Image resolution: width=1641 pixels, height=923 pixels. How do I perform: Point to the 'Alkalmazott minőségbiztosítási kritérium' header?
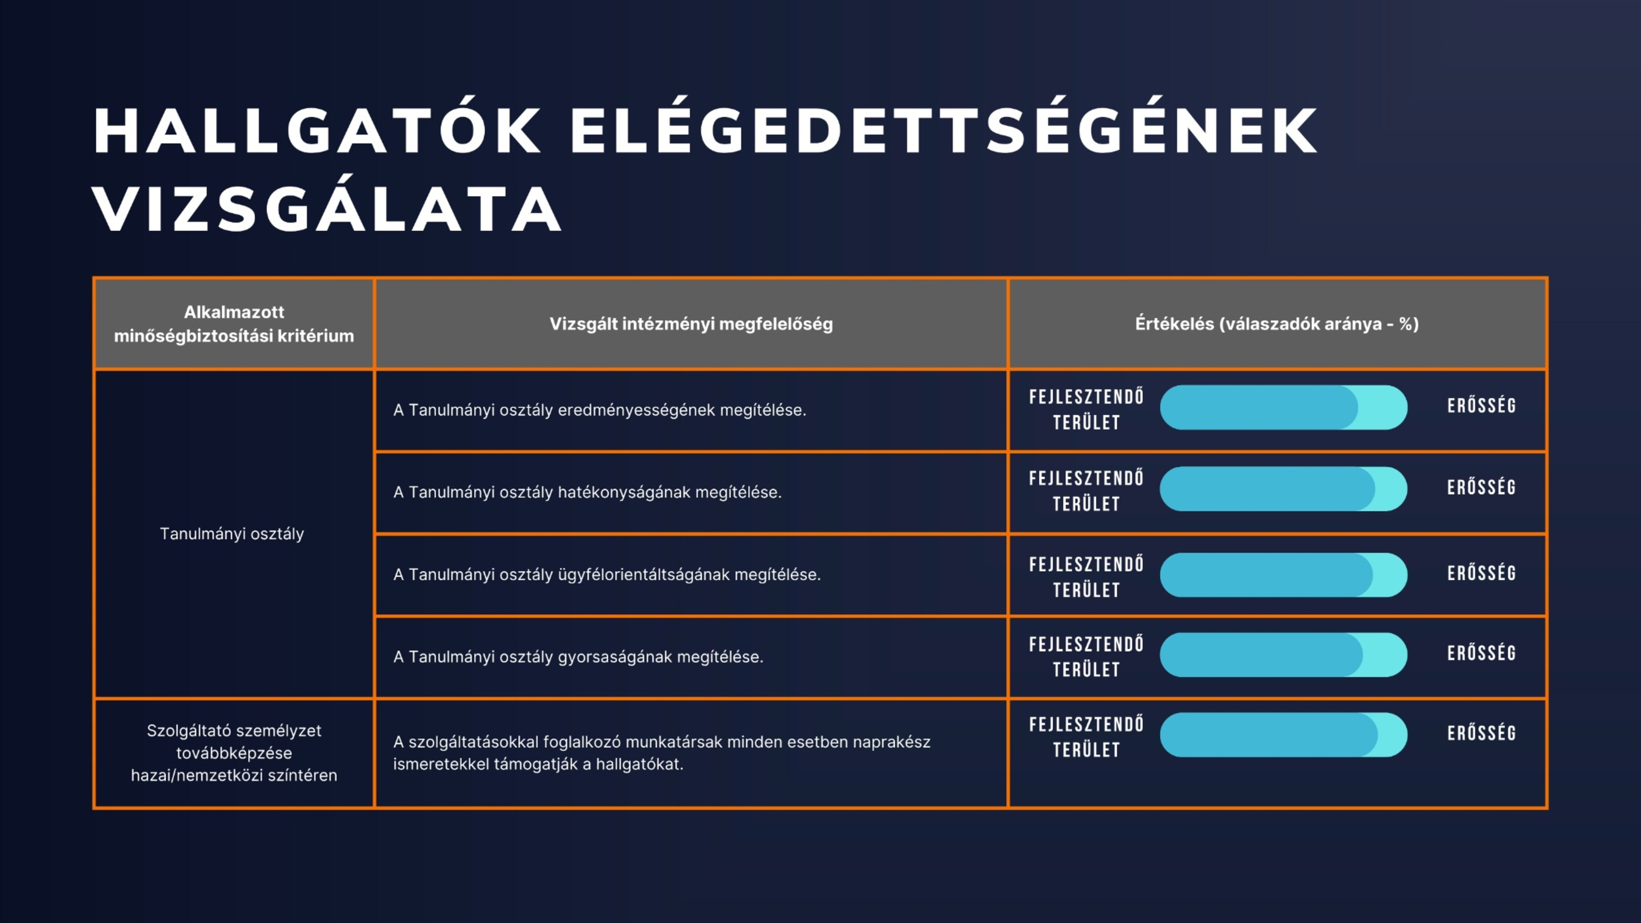pyautogui.click(x=234, y=324)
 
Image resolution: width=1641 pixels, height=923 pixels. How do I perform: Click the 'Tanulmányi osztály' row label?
pyautogui.click(x=232, y=534)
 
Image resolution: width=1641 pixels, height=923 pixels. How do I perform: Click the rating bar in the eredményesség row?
pyautogui.click(x=1284, y=408)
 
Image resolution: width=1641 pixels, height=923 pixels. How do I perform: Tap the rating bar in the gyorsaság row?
pyautogui.click(x=1284, y=655)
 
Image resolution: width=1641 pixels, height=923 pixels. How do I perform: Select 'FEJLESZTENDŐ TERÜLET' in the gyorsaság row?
pyautogui.click(x=1086, y=657)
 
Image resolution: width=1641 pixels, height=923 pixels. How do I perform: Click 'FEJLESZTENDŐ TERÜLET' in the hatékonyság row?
pyautogui.click(x=1086, y=491)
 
